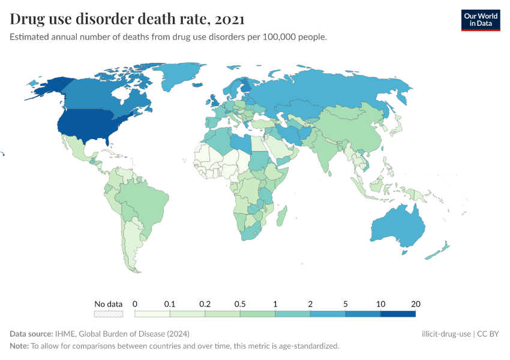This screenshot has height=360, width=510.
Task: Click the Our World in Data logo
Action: click(480, 20)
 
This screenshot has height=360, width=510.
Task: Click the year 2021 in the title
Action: click(229, 19)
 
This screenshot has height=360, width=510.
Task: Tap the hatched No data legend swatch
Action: click(109, 313)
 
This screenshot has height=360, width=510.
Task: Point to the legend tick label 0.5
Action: click(240, 304)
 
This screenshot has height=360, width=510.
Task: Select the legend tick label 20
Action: click(415, 304)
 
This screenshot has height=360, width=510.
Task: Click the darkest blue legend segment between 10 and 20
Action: click(398, 313)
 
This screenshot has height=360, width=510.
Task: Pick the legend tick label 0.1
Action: click(170, 304)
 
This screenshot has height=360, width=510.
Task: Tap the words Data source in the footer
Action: click(31, 334)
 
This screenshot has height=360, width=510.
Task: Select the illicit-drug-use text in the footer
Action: click(446, 334)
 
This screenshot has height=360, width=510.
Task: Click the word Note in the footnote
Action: click(19, 346)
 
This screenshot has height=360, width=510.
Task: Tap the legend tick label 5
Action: click(346, 304)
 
